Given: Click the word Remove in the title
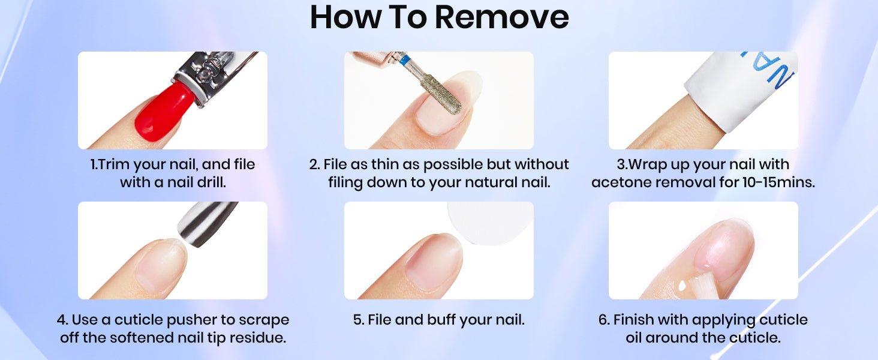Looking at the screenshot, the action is (502, 17).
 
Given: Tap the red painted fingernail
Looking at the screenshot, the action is (164, 112).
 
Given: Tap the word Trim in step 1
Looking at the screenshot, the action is (113, 164).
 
